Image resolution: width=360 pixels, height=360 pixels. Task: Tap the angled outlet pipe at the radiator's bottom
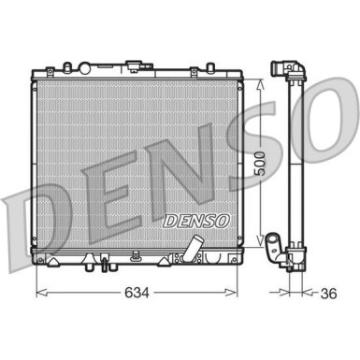coord(194,250)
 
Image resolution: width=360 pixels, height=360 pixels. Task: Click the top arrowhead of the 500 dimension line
coord(261,80)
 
